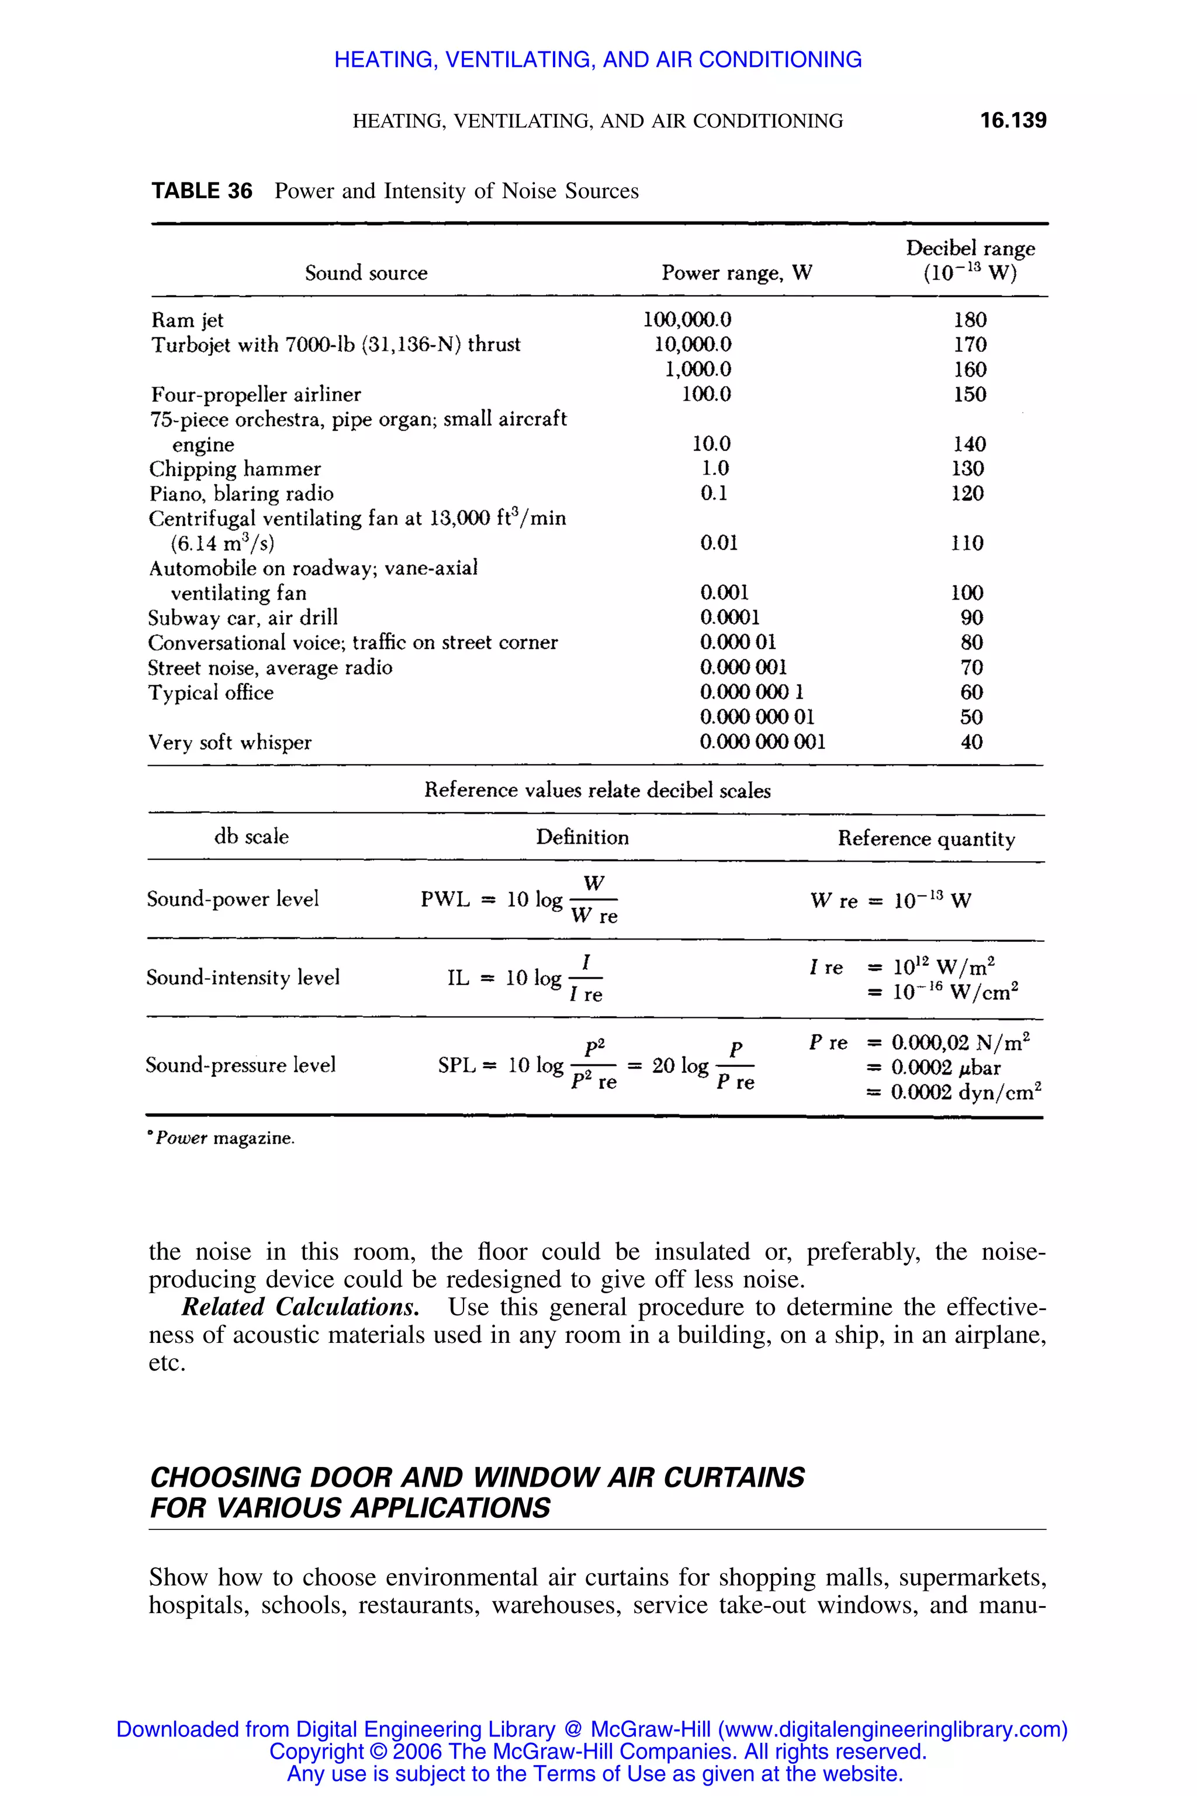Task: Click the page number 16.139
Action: [x=1013, y=120]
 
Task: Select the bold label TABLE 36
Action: [x=202, y=191]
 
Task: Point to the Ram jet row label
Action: [x=187, y=320]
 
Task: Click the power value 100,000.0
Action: [x=687, y=320]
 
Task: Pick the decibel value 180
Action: [x=970, y=320]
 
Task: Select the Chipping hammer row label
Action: [x=234, y=469]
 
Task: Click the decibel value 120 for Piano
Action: [x=967, y=493]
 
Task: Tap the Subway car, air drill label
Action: [x=243, y=618]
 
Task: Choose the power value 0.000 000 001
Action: [x=762, y=742]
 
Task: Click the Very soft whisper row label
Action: [x=230, y=742]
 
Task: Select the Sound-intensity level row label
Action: [x=243, y=978]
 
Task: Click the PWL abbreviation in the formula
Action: [x=445, y=900]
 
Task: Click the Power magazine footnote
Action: [x=223, y=1138]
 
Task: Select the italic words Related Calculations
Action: [x=300, y=1307]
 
